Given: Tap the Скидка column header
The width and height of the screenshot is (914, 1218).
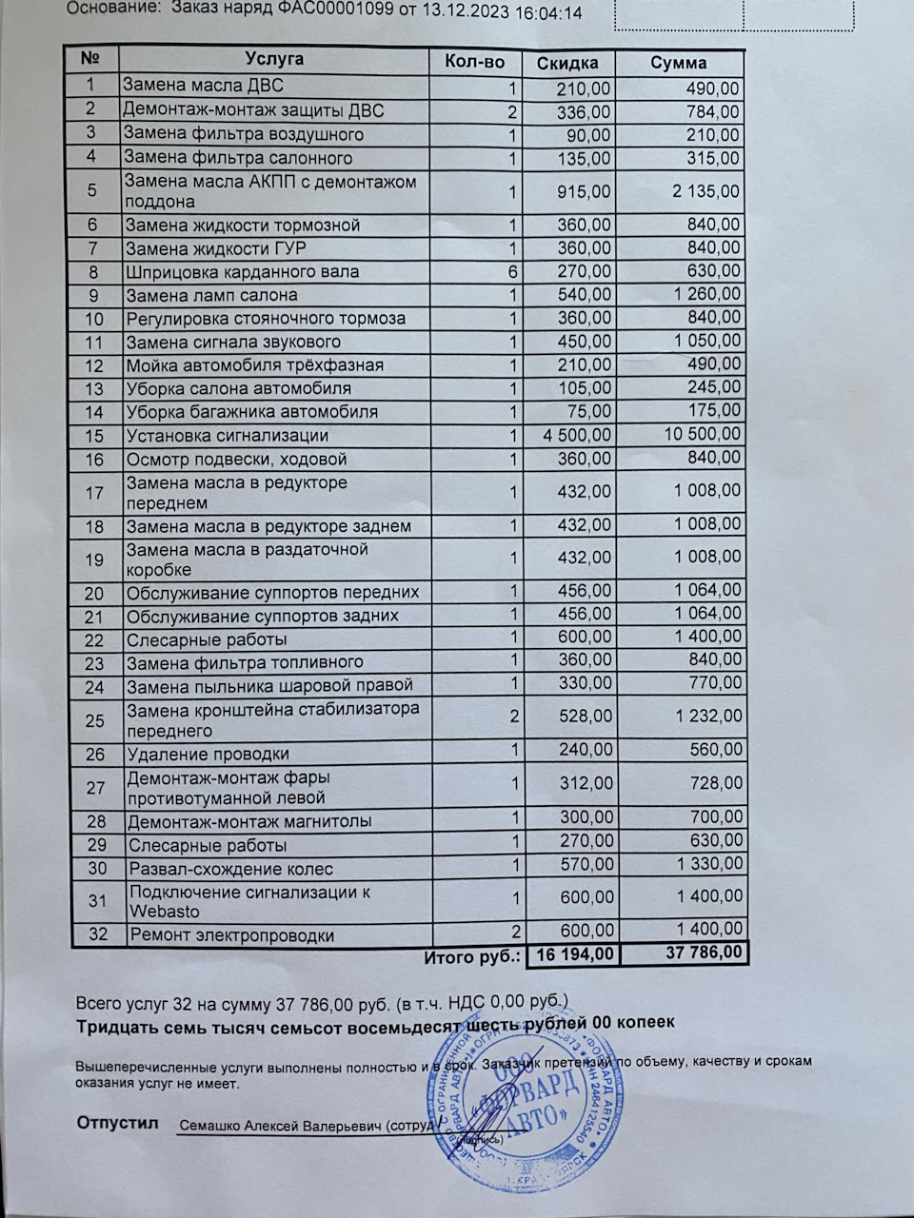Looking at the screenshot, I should point(567,63).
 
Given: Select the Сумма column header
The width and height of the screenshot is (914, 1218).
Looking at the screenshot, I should point(678,63).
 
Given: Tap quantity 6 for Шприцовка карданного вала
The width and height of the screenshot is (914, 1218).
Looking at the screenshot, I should point(511,272).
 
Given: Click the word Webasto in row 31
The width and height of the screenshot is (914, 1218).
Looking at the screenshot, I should point(160,912).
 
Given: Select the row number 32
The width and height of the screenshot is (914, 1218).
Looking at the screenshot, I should point(97,934).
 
